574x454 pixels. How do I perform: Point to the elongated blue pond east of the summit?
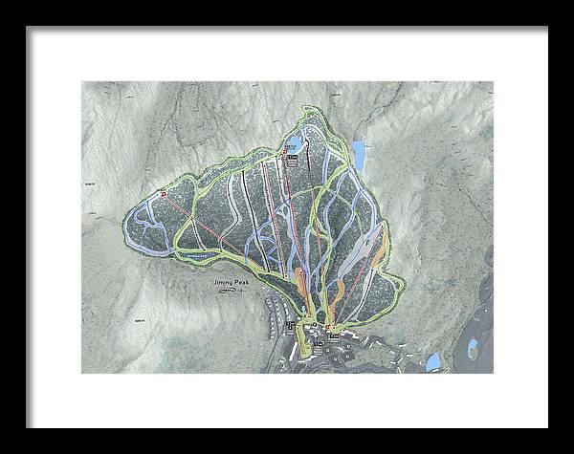(x=359, y=152)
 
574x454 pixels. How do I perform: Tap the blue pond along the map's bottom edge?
(x=433, y=360)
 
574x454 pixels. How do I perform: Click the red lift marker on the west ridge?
(x=164, y=195)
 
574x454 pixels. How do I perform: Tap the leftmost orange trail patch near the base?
(x=304, y=282)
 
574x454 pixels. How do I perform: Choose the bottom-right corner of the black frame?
(x=547, y=426)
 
